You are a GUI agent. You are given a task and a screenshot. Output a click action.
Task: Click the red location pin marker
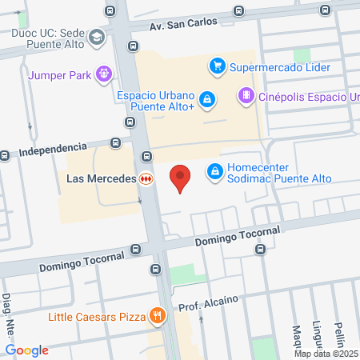click(182, 177)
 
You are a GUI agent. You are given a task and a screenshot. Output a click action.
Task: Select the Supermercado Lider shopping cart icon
click(215, 66)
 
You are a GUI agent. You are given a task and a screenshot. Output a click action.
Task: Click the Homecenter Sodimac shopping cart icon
click(214, 171)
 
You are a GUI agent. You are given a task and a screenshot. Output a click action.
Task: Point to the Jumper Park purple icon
click(103, 75)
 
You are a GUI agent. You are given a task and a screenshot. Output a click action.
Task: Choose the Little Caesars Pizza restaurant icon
click(158, 315)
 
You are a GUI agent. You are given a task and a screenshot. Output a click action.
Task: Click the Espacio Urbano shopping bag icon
click(207, 98)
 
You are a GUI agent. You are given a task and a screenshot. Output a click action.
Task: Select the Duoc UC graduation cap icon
click(97, 38)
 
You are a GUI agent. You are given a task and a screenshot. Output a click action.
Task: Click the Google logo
click(27, 350)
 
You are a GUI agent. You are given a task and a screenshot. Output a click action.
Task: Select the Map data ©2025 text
click(326, 353)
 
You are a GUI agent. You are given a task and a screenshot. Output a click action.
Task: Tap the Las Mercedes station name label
click(99, 179)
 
